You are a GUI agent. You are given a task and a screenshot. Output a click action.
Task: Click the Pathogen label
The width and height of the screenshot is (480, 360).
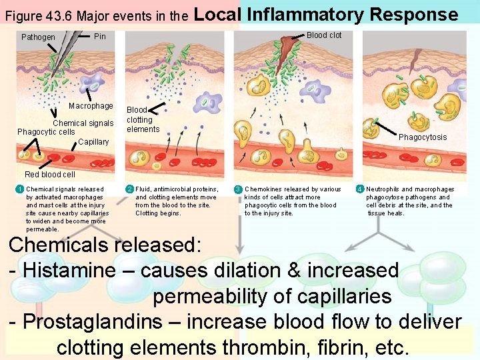[x=38, y=37]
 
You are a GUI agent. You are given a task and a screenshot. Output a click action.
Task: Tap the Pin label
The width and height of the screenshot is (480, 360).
[x=100, y=36]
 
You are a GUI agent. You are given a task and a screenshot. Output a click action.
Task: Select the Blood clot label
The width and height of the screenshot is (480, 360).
[x=324, y=35]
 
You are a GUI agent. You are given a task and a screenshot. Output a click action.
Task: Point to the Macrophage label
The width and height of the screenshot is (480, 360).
[x=91, y=106]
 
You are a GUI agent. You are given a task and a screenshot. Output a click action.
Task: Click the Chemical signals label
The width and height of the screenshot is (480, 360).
[x=83, y=123]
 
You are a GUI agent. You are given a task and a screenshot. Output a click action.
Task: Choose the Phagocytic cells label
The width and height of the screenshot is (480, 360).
[x=46, y=132]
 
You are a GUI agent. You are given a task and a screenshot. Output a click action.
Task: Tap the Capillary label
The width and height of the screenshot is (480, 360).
[x=93, y=142]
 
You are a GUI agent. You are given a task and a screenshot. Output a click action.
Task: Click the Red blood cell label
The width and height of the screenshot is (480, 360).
[x=50, y=175]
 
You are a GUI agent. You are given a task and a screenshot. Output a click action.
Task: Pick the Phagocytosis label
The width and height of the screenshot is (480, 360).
[x=423, y=137]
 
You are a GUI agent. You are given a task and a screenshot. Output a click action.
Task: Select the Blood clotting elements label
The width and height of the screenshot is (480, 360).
[x=143, y=119]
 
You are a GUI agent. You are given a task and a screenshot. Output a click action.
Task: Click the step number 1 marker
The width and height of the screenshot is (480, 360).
[x=21, y=189]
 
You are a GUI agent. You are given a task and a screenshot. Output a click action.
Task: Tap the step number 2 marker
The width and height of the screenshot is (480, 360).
[x=130, y=189]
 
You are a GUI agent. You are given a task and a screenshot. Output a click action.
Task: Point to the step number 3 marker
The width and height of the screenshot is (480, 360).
[x=238, y=189]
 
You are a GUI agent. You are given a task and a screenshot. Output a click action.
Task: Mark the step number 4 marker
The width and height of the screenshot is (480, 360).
[x=360, y=189]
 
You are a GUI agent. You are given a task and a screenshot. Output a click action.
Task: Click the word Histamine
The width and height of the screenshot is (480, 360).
[x=74, y=271]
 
